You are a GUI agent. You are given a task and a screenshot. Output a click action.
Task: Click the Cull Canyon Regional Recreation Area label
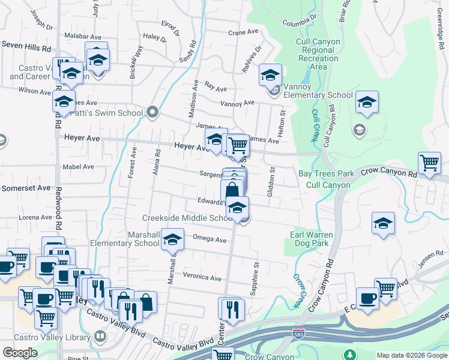[318, 54]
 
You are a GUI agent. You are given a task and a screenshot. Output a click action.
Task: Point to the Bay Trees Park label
[327, 174]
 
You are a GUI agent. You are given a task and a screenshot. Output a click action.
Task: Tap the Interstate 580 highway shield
[297, 332]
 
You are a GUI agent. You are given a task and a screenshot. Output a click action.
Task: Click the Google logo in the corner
[20, 353]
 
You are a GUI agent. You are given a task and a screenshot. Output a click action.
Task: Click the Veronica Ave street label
[202, 277]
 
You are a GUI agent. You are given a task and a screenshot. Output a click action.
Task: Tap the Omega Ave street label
[209, 239]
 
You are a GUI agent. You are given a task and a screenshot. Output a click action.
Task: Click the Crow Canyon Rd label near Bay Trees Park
[388, 173]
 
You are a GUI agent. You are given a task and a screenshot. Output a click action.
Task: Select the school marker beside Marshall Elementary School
[173, 240]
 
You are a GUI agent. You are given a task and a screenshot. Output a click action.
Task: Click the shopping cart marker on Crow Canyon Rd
[430, 163]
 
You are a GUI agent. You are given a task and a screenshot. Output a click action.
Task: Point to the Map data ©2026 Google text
[412, 355]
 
